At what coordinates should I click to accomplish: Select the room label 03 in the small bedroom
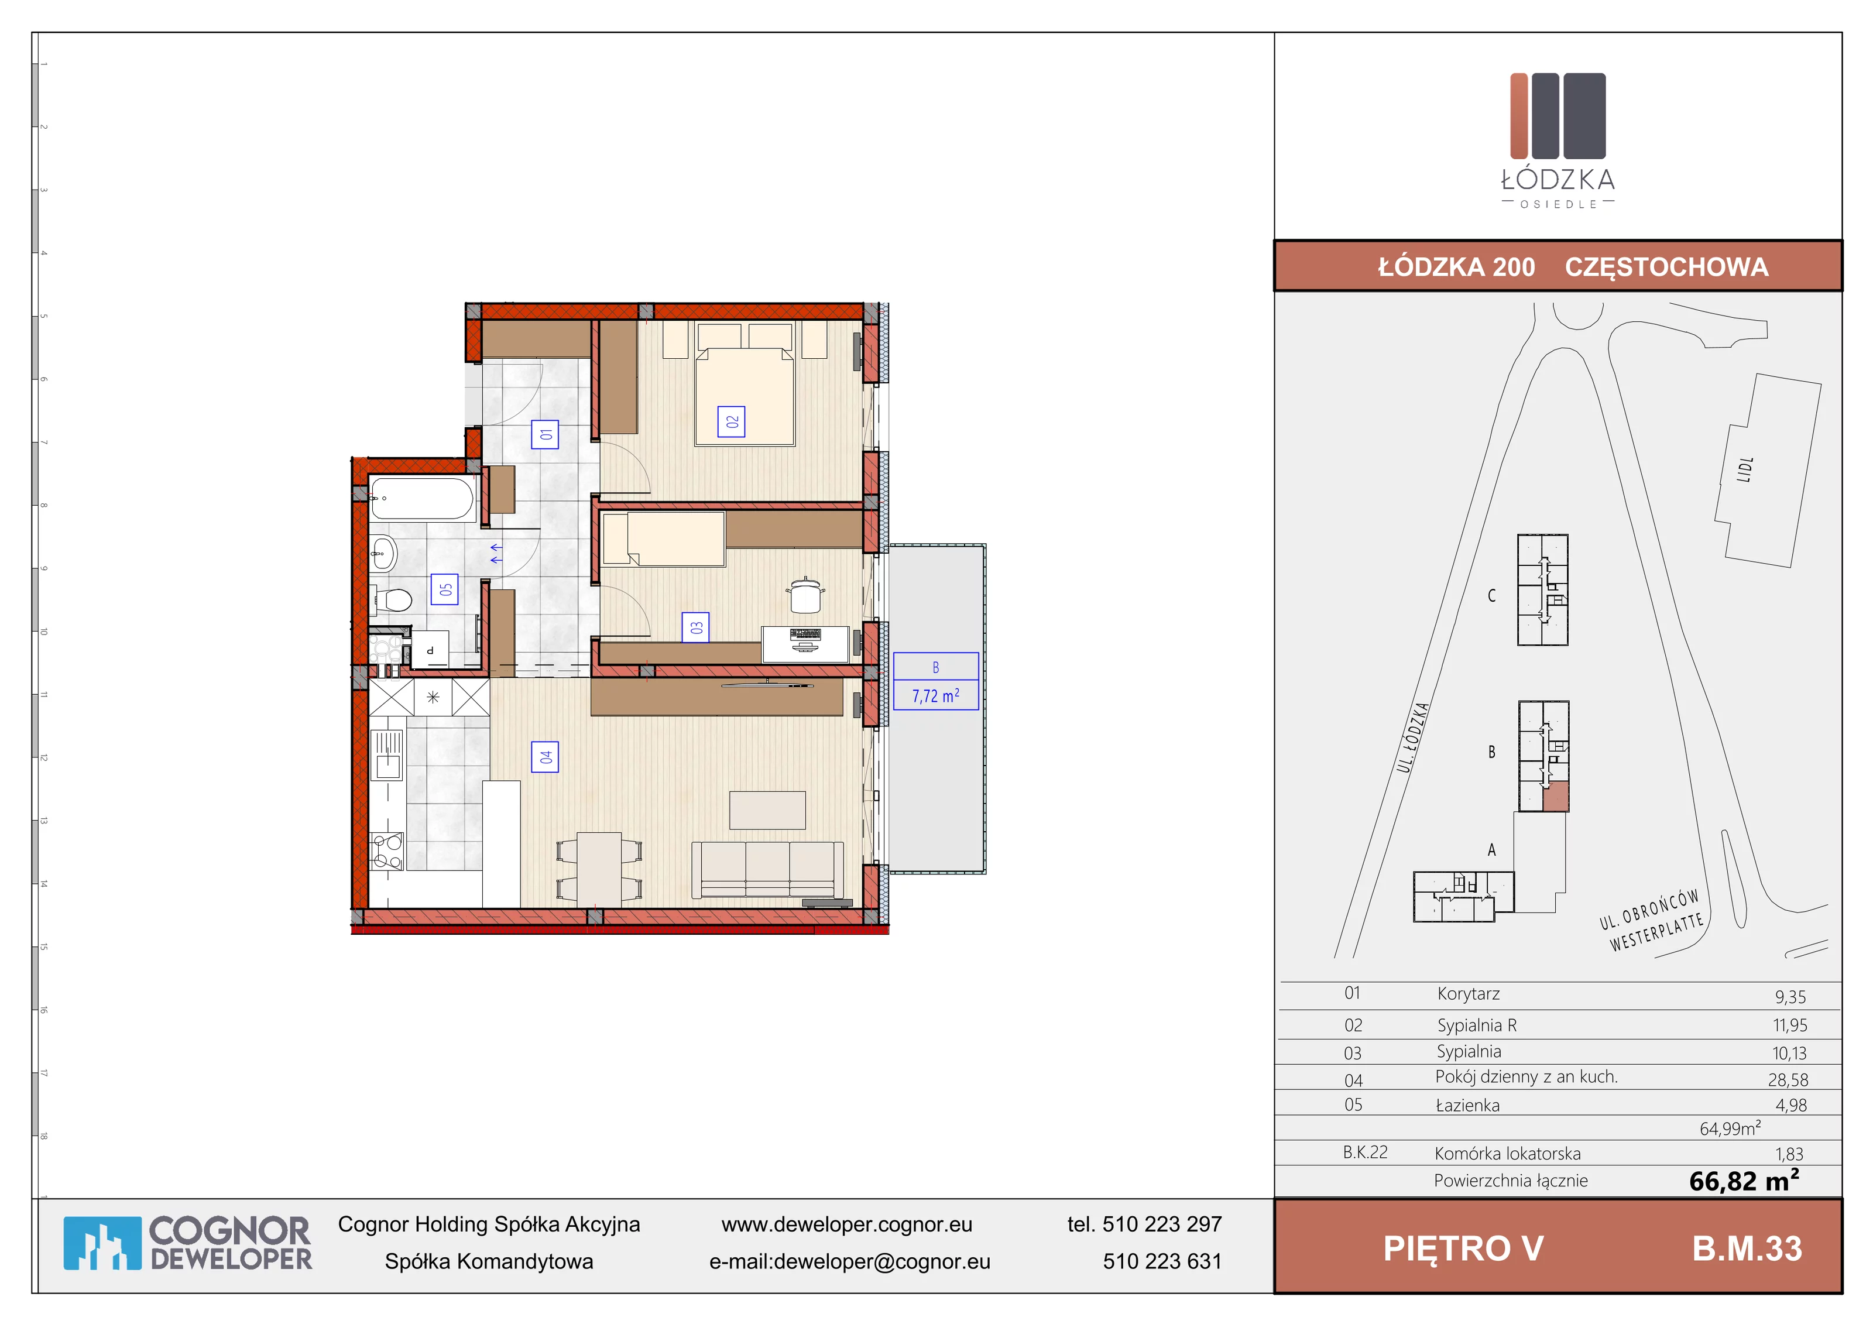pos(695,627)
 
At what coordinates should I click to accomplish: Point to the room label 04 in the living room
pos(545,757)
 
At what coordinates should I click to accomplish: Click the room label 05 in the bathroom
pos(445,589)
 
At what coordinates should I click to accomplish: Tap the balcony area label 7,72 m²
pos(936,696)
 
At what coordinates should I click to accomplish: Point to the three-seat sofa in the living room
pos(767,870)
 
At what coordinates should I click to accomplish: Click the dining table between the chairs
pos(599,869)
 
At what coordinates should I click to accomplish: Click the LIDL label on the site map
pos(1744,470)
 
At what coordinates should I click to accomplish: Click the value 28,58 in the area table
pos(1788,1079)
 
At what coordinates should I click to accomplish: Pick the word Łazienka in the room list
pos(1467,1105)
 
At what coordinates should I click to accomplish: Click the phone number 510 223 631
pos(1162,1261)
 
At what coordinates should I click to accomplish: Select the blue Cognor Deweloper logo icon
pos(103,1243)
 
